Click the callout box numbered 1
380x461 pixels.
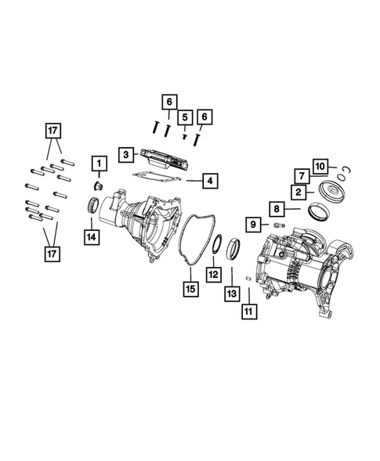click(100, 164)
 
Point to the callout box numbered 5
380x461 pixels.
click(186, 117)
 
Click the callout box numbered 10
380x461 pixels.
click(320, 165)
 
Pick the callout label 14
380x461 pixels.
click(92, 235)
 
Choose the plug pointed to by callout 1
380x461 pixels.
click(100, 185)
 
